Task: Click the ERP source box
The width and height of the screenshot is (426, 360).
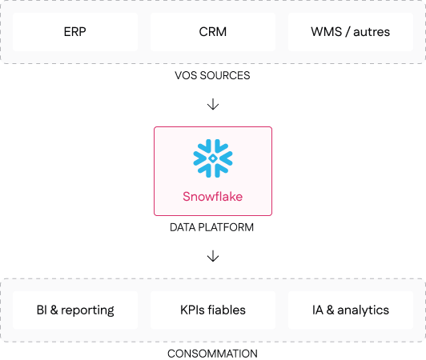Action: click(x=75, y=32)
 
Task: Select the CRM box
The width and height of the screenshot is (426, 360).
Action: click(x=213, y=32)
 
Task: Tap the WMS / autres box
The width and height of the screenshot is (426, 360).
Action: click(x=351, y=32)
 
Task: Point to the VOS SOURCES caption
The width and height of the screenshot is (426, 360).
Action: click(x=212, y=75)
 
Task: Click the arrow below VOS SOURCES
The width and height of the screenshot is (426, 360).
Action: click(x=213, y=104)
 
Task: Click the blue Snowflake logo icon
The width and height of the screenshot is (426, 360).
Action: click(x=213, y=158)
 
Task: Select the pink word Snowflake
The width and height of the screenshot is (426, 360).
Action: click(x=212, y=197)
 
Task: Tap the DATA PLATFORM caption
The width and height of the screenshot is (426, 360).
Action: click(x=211, y=227)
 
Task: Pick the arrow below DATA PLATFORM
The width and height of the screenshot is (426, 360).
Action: click(x=213, y=256)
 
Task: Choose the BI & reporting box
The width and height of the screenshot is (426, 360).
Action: click(x=75, y=310)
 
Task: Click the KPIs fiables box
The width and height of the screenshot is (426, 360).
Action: click(x=213, y=310)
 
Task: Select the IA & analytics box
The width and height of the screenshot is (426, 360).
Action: click(x=351, y=310)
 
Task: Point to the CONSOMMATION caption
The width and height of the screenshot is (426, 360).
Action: click(x=212, y=354)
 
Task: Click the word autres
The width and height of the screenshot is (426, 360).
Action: click(x=372, y=32)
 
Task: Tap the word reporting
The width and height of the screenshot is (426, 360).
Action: click(x=87, y=311)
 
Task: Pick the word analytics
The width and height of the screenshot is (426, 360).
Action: click(x=363, y=310)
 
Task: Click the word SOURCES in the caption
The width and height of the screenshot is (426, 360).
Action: click(x=225, y=75)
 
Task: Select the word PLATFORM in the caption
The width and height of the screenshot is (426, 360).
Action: click(x=226, y=227)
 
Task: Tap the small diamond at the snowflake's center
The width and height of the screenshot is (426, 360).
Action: click(x=213, y=158)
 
